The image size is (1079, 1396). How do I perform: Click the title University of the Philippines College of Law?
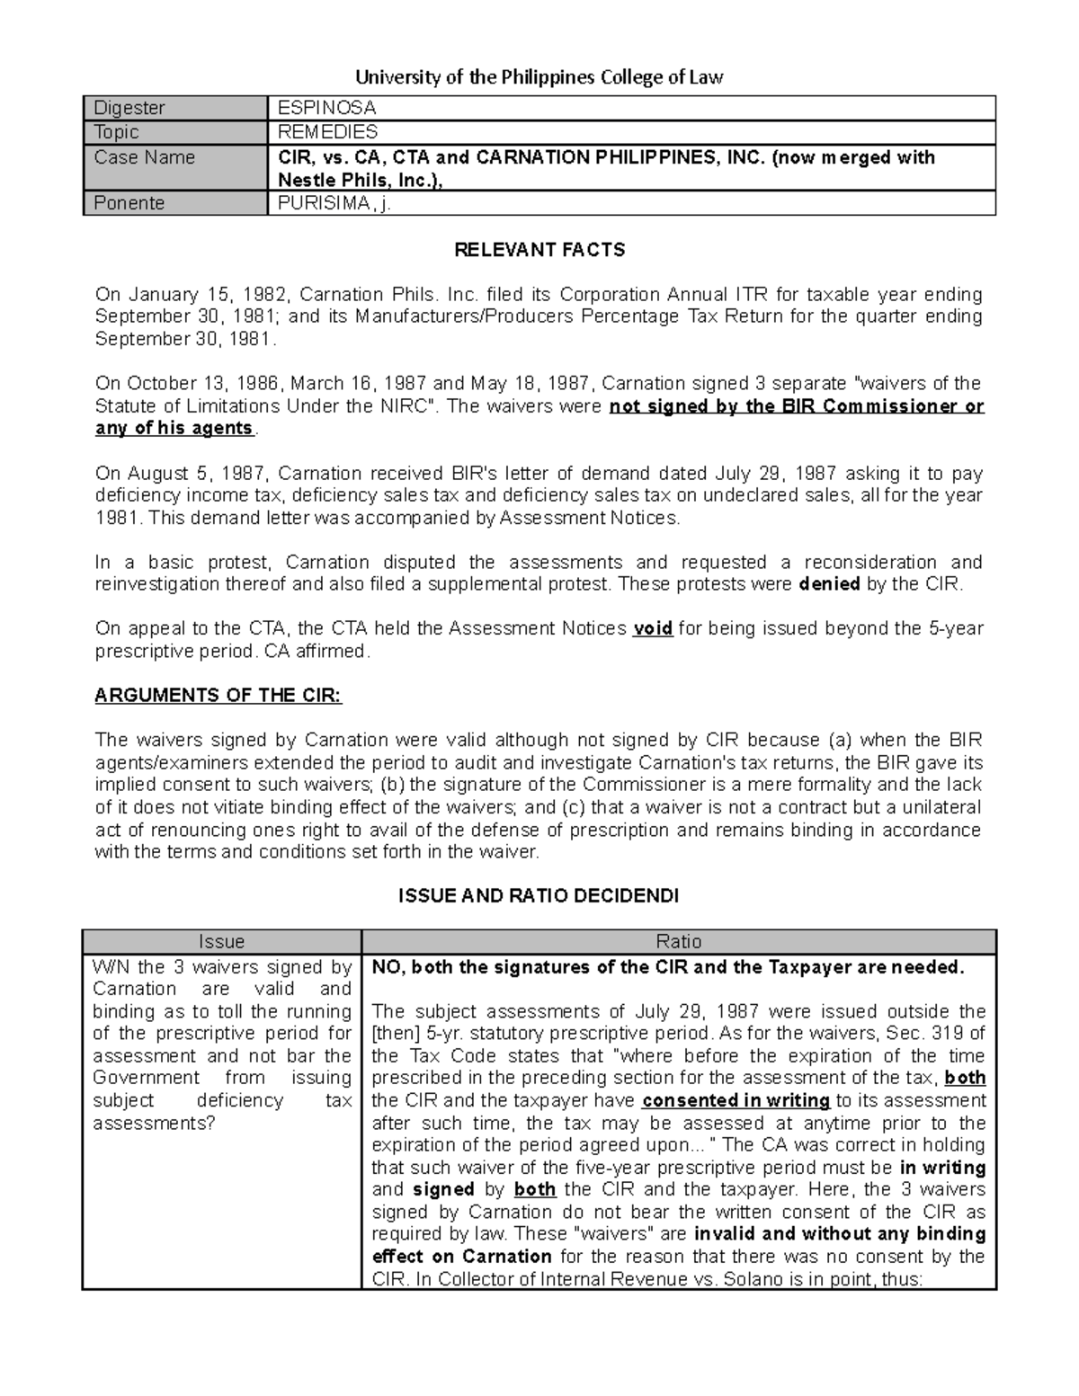[539, 77]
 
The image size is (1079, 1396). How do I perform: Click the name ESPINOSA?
[326, 108]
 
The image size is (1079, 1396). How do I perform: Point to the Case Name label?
[145, 157]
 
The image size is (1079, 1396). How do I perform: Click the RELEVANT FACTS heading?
[539, 250]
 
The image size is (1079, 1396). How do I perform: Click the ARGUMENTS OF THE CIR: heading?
[218, 695]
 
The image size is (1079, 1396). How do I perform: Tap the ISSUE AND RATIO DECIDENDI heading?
[539, 896]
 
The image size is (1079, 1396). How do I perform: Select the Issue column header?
[221, 941]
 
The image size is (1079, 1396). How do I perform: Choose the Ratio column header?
[678, 941]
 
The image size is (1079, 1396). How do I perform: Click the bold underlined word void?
[653, 629]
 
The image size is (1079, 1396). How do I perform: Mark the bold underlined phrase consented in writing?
[736, 1100]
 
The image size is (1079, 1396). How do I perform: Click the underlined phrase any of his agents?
[174, 429]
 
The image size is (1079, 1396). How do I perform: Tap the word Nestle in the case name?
[308, 180]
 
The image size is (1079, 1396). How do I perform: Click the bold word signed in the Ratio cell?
[443, 1189]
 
